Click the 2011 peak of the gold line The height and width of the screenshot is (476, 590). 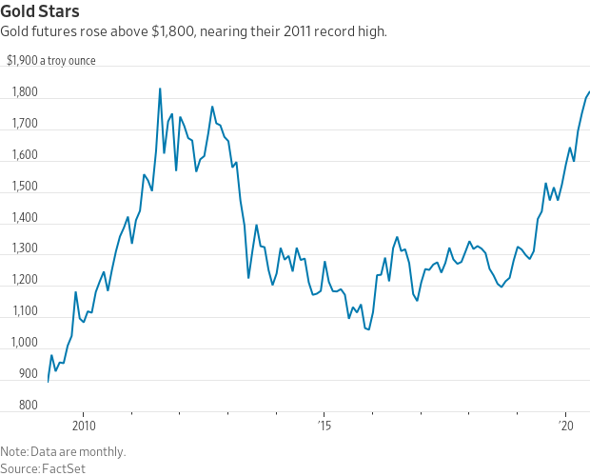click(160, 89)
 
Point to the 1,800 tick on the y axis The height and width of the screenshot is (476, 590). click(25, 93)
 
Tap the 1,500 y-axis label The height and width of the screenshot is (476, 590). click(25, 188)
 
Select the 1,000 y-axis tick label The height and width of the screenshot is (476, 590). click(25, 344)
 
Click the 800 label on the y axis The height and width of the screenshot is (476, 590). click(28, 407)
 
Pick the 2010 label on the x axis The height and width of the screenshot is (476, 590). click(83, 425)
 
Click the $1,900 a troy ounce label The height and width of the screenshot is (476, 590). click(50, 62)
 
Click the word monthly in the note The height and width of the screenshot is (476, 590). click(102, 451)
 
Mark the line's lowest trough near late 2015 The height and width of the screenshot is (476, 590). click(368, 329)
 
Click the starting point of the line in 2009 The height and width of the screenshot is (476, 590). click(48, 381)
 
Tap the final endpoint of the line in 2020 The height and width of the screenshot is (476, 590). click(589, 92)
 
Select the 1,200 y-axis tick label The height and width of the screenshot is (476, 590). click(25, 281)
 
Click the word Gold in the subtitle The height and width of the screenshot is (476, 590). click(16, 32)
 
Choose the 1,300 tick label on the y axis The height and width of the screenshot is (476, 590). click(25, 249)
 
